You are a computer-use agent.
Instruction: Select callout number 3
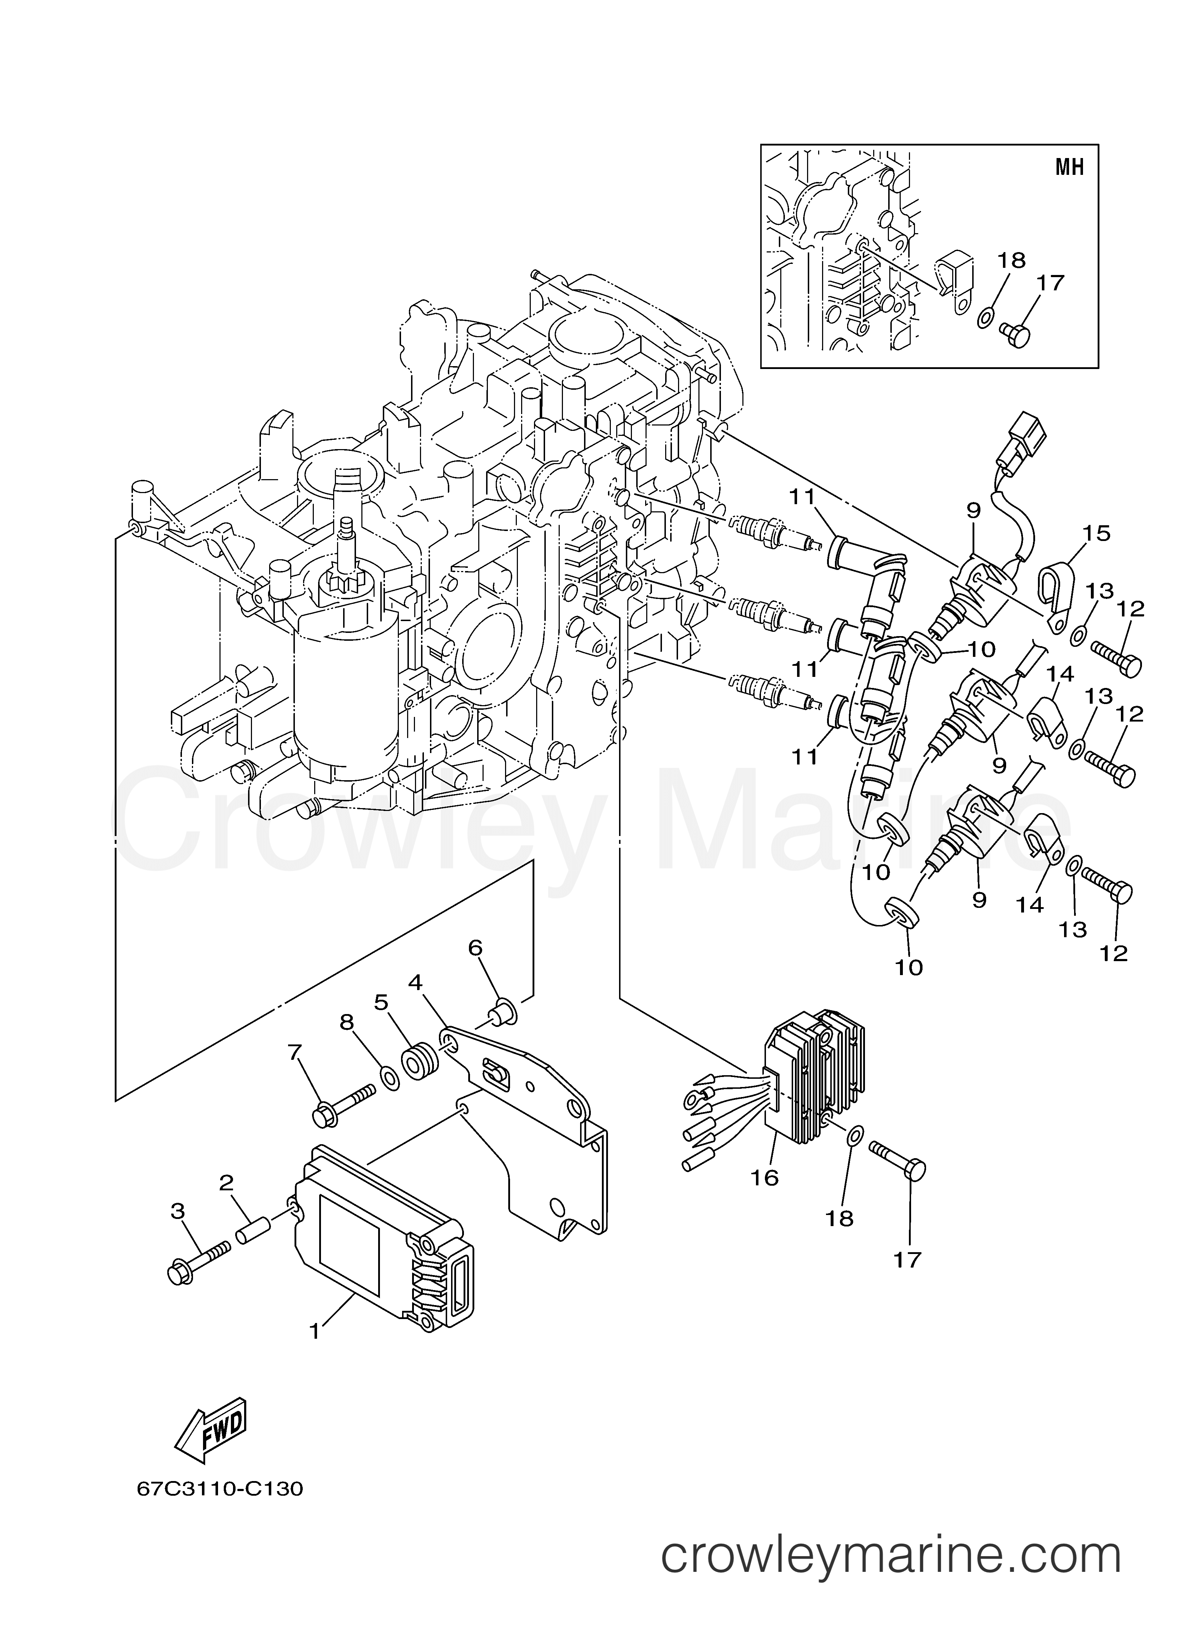tap(178, 1212)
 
